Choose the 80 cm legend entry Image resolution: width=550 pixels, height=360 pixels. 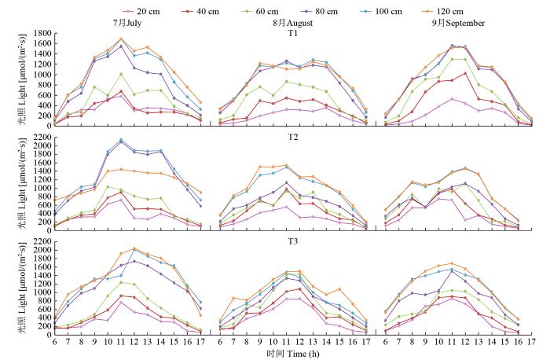(343, 13)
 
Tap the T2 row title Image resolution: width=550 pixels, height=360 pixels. (292, 135)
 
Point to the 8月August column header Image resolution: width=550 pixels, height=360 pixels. (292, 23)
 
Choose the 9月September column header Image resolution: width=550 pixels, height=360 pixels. (457, 23)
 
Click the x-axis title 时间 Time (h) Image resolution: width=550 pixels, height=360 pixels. (292, 354)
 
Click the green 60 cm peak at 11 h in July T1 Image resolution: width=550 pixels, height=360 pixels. (121, 75)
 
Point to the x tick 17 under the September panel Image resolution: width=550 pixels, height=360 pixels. (531, 340)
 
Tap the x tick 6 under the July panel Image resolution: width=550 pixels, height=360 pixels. (54, 340)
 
